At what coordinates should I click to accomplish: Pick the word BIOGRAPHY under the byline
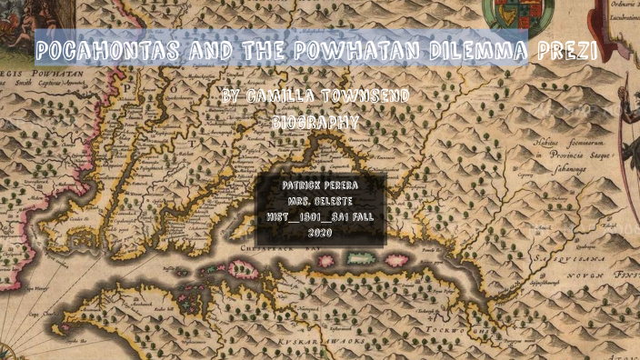click(315, 121)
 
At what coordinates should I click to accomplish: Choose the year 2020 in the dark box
click(321, 233)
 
